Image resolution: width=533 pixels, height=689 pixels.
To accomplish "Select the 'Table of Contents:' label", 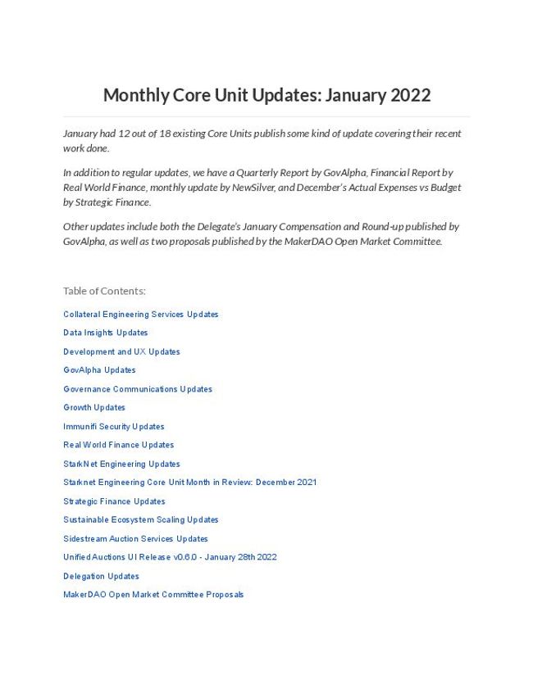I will pyautogui.click(x=104, y=291).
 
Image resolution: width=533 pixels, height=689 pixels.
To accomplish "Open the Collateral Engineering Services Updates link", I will pyautogui.click(x=141, y=315).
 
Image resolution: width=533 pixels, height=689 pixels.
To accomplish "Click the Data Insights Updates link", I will pyautogui.click(x=106, y=333).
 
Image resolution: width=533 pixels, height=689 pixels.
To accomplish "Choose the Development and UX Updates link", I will pyautogui.click(x=121, y=351).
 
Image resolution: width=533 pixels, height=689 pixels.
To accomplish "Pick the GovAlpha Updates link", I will pyautogui.click(x=99, y=370).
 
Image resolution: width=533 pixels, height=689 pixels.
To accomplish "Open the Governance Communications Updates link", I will pyautogui.click(x=138, y=389).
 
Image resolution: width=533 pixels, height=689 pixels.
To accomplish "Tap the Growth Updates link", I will pyautogui.click(x=94, y=408).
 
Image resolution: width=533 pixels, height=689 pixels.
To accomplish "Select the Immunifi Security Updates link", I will pyautogui.click(x=114, y=427).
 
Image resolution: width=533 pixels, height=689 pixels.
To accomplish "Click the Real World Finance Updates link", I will pyautogui.click(x=119, y=445).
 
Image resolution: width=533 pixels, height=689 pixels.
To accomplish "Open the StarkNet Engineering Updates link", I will pyautogui.click(x=121, y=464).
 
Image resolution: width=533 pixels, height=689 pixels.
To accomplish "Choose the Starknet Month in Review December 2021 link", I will pyautogui.click(x=189, y=483).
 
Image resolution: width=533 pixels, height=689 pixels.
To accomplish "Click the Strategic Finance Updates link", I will pyautogui.click(x=114, y=501).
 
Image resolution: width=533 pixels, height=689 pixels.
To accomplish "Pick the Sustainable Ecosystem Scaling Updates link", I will pyautogui.click(x=141, y=519).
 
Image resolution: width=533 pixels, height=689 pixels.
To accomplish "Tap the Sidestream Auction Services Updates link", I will pyautogui.click(x=135, y=538).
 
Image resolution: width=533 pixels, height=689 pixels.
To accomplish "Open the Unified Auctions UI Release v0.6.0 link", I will pyautogui.click(x=170, y=557).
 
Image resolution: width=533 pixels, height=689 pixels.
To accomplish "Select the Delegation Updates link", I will pyautogui.click(x=101, y=576).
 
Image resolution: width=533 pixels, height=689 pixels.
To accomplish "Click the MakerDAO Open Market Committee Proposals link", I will pyautogui.click(x=153, y=595).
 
